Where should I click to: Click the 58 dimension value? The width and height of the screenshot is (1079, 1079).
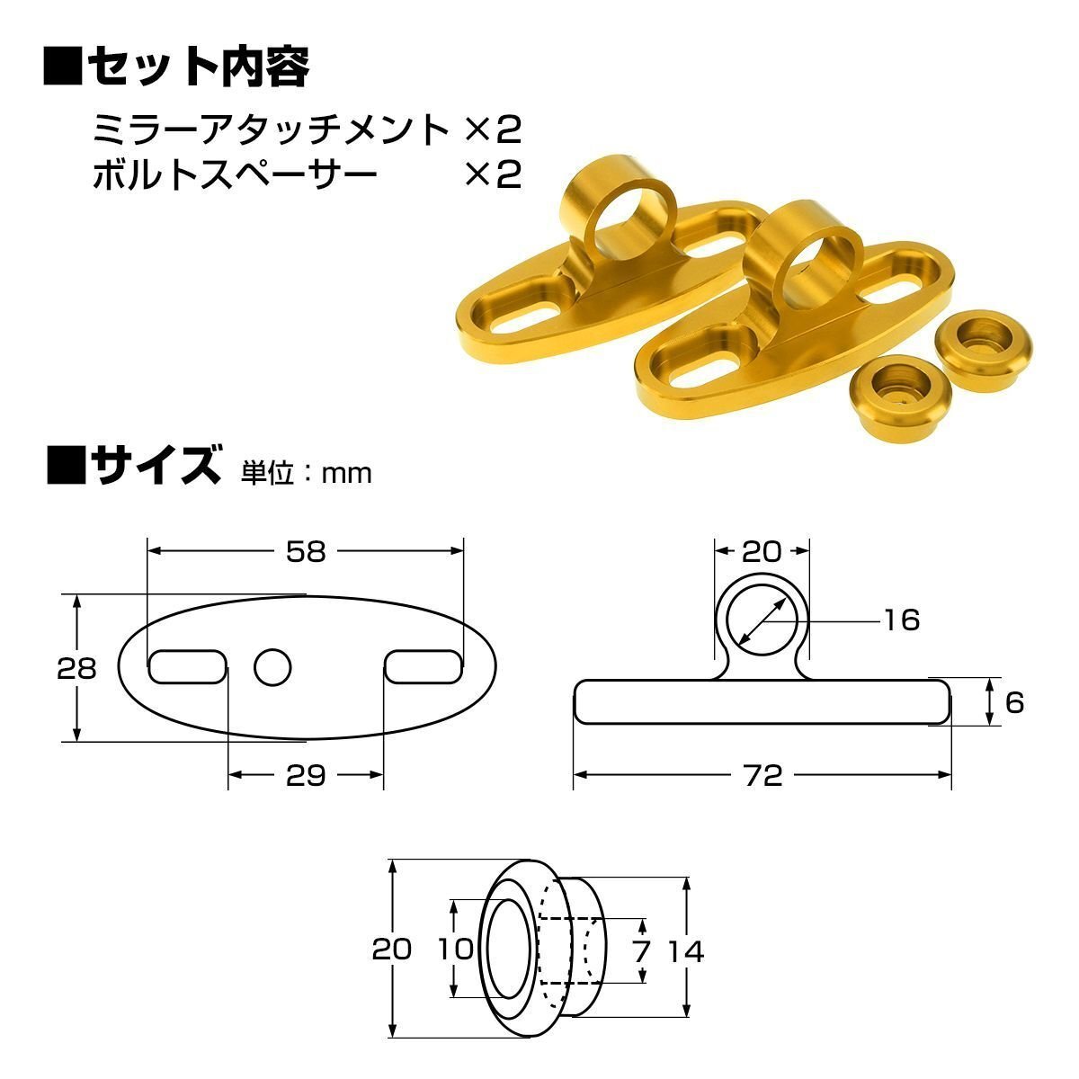click(306, 551)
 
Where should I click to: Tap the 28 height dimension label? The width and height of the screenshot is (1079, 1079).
click(76, 669)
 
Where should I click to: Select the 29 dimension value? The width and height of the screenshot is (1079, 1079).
click(306, 775)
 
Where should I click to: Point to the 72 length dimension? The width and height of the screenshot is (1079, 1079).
click(763, 775)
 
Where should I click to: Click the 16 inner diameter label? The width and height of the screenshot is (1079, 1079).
click(902, 620)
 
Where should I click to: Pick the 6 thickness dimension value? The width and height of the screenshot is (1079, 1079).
click(1014, 703)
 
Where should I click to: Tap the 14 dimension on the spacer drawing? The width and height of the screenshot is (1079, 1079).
click(686, 950)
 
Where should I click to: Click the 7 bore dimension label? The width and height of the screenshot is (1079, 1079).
click(642, 950)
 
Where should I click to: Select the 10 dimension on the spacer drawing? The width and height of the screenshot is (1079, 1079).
click(456, 949)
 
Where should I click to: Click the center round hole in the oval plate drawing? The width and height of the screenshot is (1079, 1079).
click(272, 667)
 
